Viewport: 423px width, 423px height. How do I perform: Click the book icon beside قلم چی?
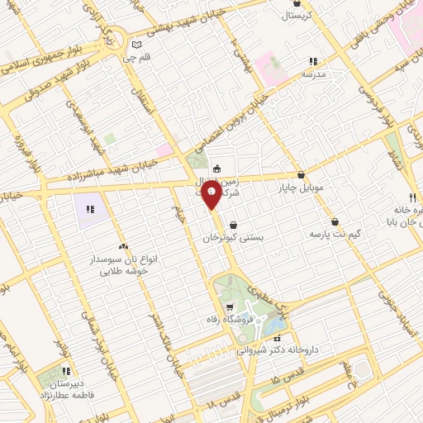137,45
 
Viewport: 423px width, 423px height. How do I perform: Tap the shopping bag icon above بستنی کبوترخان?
233,224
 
